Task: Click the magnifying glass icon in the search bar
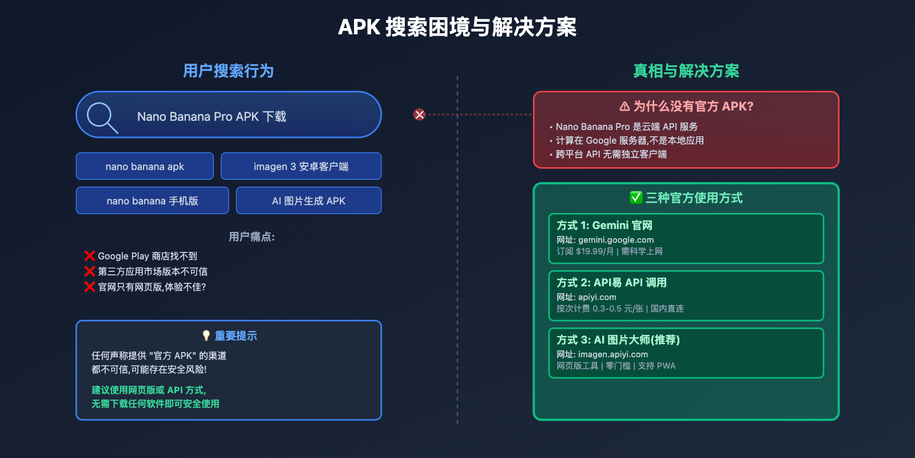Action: (x=102, y=117)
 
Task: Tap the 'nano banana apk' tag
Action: (x=145, y=167)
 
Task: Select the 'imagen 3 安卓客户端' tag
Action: (x=301, y=167)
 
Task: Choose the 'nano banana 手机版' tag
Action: (x=152, y=201)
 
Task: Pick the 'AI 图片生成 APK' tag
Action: (x=309, y=201)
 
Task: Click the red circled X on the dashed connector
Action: (x=419, y=114)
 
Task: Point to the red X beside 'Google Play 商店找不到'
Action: (x=90, y=256)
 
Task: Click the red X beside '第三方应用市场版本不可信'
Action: (x=90, y=271)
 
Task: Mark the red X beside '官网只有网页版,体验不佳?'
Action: (x=90, y=287)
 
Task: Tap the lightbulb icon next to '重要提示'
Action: (x=206, y=335)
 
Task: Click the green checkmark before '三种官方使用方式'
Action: (x=636, y=198)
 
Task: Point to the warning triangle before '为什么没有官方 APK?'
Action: (x=624, y=106)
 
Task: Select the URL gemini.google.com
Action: (x=615, y=240)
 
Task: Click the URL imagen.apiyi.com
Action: (x=612, y=354)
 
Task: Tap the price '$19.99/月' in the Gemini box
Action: (x=595, y=251)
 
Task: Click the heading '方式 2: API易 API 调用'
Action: (x=611, y=283)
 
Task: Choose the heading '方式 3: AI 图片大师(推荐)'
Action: (x=618, y=340)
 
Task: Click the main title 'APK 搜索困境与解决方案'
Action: (x=457, y=27)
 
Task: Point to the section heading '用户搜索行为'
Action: (x=228, y=71)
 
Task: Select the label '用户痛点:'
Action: (x=252, y=237)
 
